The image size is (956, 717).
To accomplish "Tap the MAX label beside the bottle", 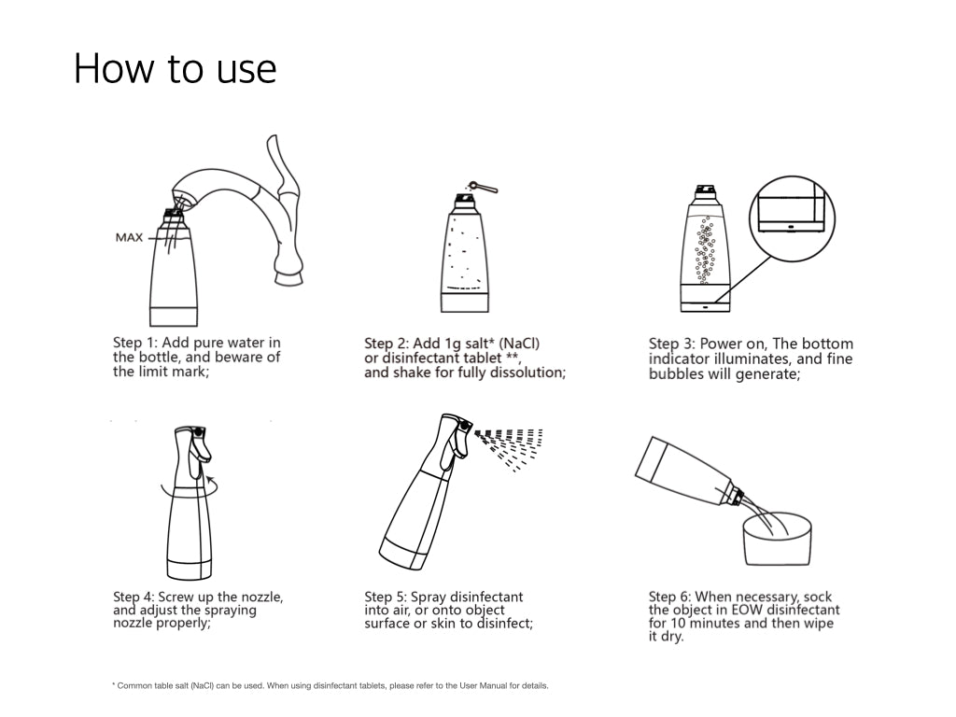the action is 129,237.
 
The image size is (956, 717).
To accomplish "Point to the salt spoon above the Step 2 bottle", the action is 483,186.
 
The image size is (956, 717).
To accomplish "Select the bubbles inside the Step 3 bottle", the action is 706,250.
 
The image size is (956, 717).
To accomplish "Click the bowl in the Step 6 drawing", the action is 778,539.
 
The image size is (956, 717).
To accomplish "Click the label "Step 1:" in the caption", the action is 135,344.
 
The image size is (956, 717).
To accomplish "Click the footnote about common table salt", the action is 330,685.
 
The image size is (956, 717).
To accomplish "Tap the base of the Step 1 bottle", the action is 174,316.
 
